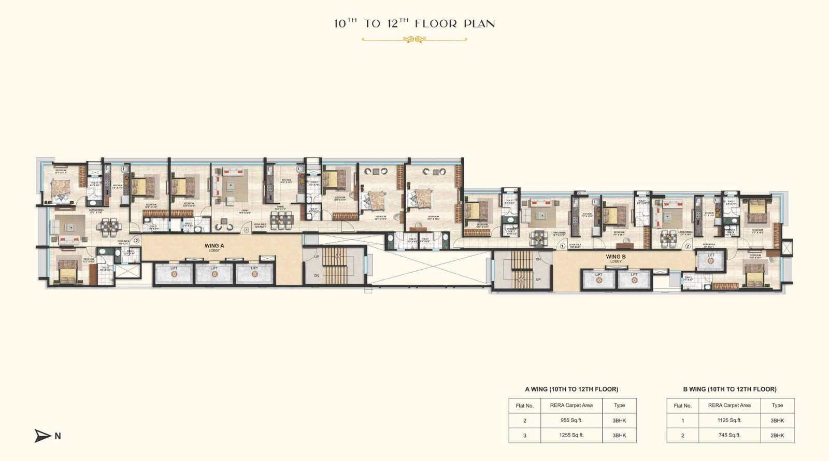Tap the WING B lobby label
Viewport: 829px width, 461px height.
616,258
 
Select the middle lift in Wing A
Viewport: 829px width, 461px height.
214,273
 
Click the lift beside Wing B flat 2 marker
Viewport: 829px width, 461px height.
710,260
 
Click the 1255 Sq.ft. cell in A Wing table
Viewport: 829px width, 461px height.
571,435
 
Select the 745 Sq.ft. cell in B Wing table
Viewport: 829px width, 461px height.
729,435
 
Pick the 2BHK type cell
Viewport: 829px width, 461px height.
777,436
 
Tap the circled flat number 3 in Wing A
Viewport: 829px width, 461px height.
247,229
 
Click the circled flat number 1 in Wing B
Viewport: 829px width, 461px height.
563,246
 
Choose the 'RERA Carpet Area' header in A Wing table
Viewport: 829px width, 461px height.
571,406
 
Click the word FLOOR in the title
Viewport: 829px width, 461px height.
436,24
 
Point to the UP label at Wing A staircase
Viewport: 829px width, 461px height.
317,257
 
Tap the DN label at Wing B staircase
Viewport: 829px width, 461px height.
538,259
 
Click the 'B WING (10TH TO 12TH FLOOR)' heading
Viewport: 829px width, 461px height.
730,389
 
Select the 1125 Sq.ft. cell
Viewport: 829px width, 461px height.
729,421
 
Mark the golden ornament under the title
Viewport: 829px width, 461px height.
414,39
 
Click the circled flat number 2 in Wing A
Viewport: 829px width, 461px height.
137,240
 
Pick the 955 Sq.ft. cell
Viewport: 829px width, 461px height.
571,421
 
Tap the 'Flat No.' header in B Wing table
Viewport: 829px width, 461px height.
682,406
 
